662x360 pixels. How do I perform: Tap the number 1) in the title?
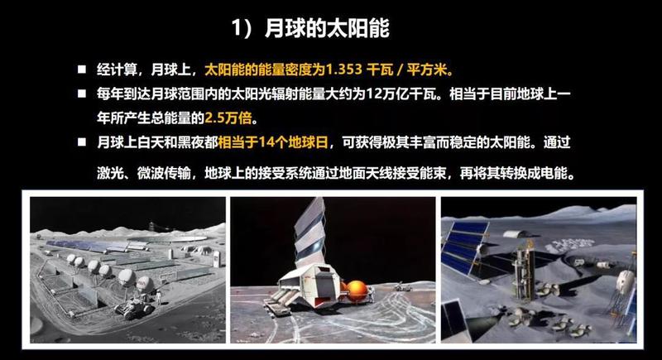point(242,28)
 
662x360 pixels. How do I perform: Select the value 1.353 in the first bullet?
point(343,70)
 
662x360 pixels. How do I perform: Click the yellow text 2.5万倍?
point(228,118)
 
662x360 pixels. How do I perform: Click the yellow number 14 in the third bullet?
point(266,142)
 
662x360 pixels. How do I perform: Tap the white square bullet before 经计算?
point(81,70)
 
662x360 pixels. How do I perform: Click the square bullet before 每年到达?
point(81,94)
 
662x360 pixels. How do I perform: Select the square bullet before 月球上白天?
point(81,142)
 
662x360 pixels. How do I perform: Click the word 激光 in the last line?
point(110,173)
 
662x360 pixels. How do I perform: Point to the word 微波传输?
point(163,173)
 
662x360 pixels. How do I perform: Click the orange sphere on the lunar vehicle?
point(356,290)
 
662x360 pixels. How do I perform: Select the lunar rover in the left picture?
point(134,309)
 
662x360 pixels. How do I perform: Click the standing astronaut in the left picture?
point(158,296)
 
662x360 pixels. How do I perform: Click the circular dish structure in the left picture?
point(168,239)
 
